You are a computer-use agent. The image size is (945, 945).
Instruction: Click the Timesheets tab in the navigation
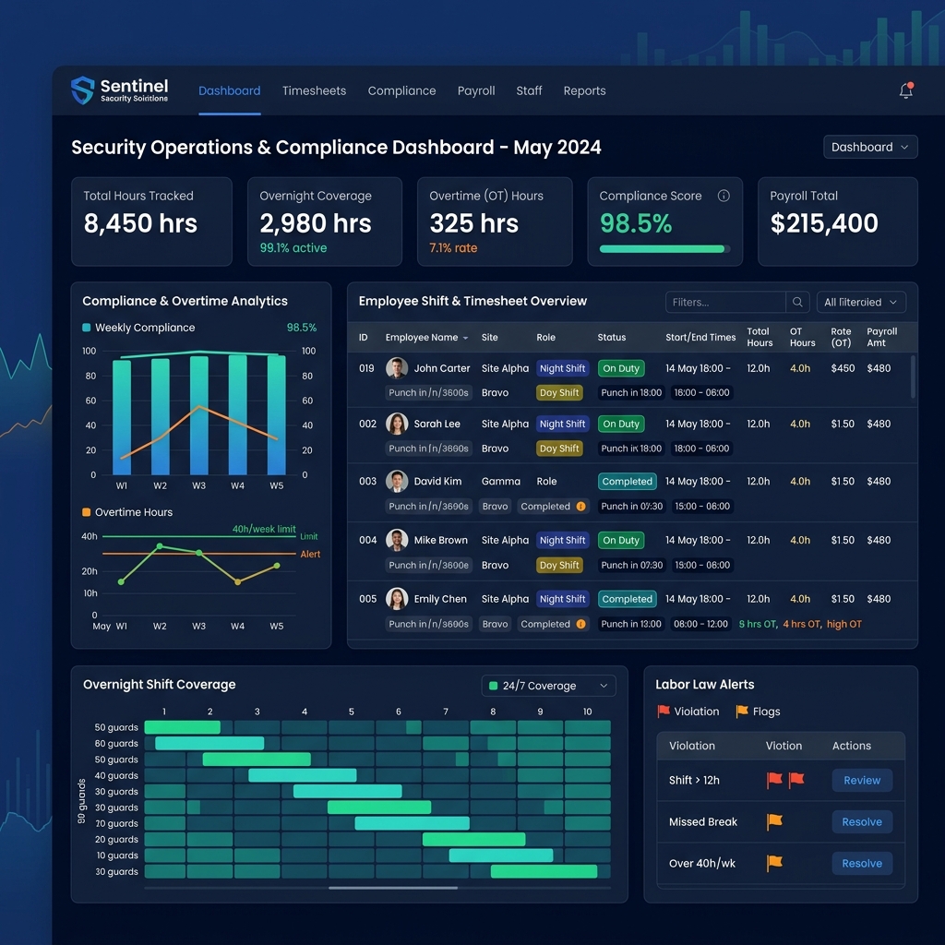coord(314,90)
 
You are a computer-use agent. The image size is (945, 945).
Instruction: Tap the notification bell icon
coord(906,90)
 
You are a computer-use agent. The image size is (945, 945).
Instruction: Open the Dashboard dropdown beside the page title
coord(870,147)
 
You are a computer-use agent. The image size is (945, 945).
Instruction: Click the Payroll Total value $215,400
coord(824,223)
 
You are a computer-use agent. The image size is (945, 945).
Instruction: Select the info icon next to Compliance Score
coord(724,196)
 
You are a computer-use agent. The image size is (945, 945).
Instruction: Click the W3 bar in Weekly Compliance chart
coord(199,415)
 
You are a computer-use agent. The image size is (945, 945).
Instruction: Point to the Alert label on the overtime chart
coord(310,554)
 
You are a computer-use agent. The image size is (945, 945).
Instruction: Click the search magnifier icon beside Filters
coord(797,302)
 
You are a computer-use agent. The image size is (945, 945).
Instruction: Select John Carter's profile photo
coord(397,368)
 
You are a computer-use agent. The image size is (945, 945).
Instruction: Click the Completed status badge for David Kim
coord(627,482)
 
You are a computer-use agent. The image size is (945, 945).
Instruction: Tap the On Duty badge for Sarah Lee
coord(621,425)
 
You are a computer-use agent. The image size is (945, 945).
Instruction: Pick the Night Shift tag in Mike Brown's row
coord(562,541)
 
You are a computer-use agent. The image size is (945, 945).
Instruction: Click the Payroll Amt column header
coord(881,337)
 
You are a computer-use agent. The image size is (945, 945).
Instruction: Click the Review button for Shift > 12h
coord(862,781)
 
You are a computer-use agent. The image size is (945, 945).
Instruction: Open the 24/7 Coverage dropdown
coord(548,686)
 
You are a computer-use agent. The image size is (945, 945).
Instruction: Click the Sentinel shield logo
coord(83,90)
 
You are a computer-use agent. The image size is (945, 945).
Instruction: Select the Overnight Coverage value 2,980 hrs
coord(315,223)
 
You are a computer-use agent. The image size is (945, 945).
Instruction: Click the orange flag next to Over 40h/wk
coord(774,863)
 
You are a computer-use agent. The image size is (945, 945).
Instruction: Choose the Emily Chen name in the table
coord(440,599)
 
